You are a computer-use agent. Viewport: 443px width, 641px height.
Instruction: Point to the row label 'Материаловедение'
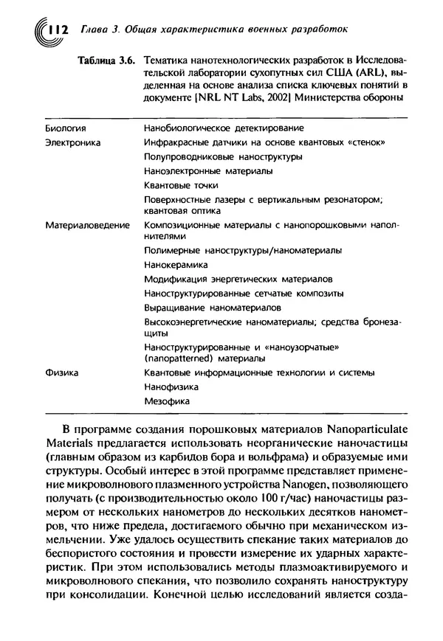pyautogui.click(x=87, y=224)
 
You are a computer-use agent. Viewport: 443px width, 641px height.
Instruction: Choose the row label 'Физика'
pyautogui.click(x=61, y=373)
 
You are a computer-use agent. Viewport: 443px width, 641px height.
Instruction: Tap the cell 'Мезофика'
pyautogui.click(x=167, y=401)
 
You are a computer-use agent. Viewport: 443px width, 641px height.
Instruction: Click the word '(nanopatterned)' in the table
pyautogui.click(x=178, y=358)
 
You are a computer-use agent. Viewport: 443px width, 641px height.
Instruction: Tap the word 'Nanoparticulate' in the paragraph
pyautogui.click(x=363, y=429)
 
